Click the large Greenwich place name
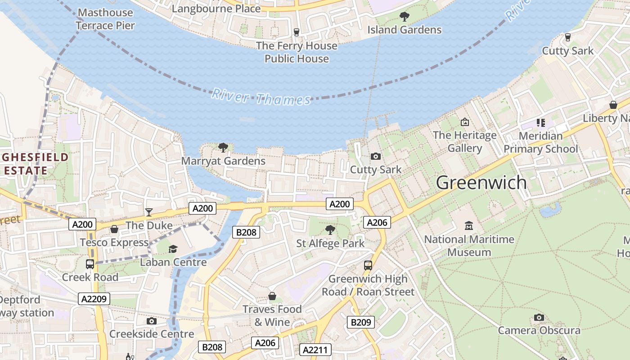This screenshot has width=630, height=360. (x=481, y=183)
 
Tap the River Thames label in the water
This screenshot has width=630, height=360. (x=261, y=97)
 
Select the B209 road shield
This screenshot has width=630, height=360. (x=361, y=322)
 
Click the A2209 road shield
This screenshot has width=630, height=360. (x=94, y=299)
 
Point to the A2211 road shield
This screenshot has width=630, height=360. (x=315, y=350)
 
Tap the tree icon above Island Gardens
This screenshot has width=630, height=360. (x=405, y=17)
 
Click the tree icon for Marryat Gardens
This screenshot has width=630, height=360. (x=223, y=148)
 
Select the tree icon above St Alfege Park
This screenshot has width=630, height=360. (x=330, y=230)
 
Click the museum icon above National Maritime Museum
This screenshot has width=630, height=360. (x=469, y=225)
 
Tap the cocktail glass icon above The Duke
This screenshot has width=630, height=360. (x=149, y=212)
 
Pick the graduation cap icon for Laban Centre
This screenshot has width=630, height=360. (x=173, y=249)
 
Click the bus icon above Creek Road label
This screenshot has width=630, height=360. (x=90, y=264)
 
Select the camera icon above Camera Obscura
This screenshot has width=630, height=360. (x=539, y=318)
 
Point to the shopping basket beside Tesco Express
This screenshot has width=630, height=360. (x=114, y=229)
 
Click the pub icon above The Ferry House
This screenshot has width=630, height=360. (x=296, y=32)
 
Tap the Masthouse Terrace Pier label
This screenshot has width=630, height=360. (x=105, y=19)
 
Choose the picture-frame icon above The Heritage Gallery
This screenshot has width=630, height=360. (x=465, y=122)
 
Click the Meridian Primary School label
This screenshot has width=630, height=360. (x=540, y=142)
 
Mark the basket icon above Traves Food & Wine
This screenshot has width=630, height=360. (x=272, y=296)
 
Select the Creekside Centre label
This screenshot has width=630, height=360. (x=152, y=334)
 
